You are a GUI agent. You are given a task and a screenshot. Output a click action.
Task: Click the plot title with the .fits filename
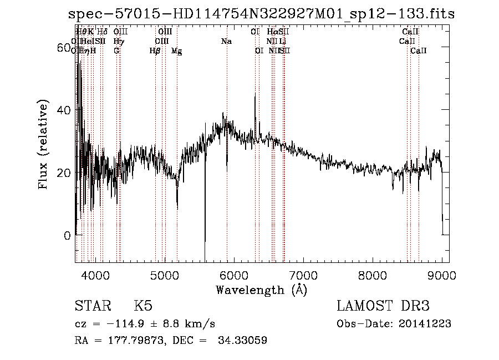[x=261, y=14]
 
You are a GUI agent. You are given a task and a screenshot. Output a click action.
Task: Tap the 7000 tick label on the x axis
[x=303, y=275]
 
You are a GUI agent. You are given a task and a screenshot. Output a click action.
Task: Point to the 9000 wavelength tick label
[x=442, y=275]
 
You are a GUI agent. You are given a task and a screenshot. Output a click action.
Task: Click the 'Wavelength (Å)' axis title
[x=261, y=290]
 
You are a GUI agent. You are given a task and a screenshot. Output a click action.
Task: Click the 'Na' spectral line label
[x=226, y=42]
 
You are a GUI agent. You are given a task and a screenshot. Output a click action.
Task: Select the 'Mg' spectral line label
[x=176, y=51]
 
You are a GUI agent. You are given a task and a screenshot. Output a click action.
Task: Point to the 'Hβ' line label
[x=155, y=51]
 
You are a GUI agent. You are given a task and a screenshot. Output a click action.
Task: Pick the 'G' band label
[x=116, y=51]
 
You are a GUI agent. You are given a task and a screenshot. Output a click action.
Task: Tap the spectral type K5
[x=143, y=306]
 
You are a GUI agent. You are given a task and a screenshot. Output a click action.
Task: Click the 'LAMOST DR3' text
[x=383, y=306]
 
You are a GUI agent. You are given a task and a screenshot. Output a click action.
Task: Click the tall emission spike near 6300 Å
[x=255, y=96]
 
